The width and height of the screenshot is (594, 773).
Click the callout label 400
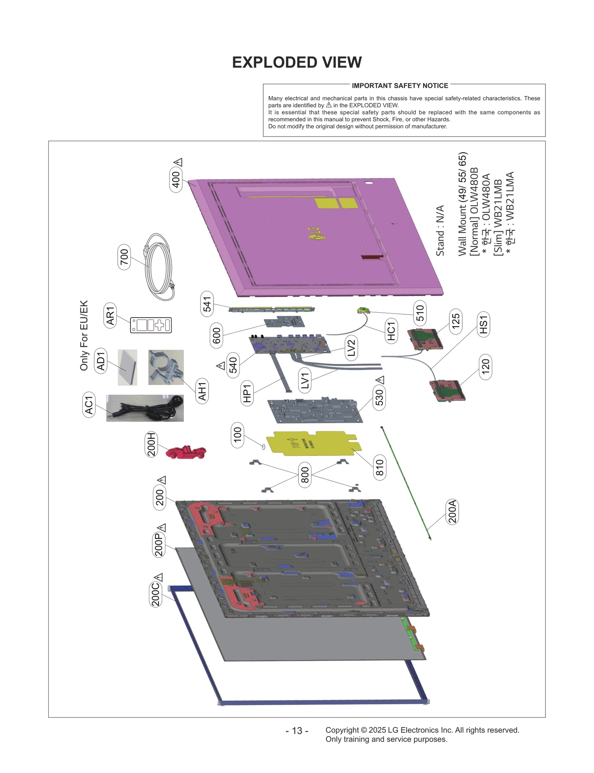pyautogui.click(x=176, y=180)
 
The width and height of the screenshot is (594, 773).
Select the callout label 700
pyautogui.click(x=124, y=257)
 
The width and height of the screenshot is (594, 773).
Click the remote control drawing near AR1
pyautogui.click(x=151, y=325)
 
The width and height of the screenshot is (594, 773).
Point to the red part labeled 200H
pyautogui.click(x=186, y=453)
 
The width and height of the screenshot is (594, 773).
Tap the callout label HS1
pyautogui.click(x=483, y=324)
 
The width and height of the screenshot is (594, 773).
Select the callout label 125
pyautogui.click(x=456, y=321)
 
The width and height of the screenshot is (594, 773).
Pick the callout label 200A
pyautogui.click(x=452, y=512)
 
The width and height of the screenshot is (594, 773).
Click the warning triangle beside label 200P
pyautogui.click(x=161, y=527)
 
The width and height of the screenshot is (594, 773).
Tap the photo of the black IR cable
pyautogui.click(x=145, y=408)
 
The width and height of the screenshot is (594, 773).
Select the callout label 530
pyautogui.click(x=379, y=398)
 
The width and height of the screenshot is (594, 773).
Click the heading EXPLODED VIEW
pyautogui.click(x=297, y=62)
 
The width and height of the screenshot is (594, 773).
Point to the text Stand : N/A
pyautogui.click(x=440, y=230)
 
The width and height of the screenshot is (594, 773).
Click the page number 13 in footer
pyautogui.click(x=297, y=731)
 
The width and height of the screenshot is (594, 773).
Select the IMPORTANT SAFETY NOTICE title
pyautogui.click(x=400, y=86)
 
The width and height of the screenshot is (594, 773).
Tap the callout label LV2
pyautogui.click(x=351, y=348)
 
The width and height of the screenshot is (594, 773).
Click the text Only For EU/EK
pyautogui.click(x=84, y=335)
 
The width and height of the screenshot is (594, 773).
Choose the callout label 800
pyautogui.click(x=304, y=475)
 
